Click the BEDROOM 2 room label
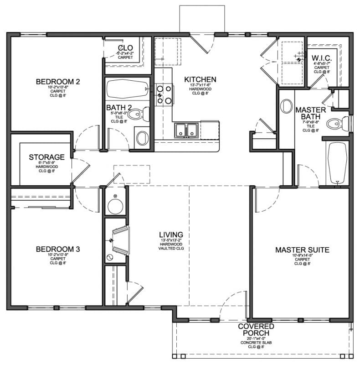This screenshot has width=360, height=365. [58, 82]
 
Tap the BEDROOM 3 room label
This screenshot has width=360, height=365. [58, 249]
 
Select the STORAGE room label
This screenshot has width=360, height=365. [46, 157]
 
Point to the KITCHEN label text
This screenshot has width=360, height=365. [200, 79]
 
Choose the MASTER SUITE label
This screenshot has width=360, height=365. [302, 250]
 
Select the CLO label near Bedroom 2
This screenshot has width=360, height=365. [125, 48]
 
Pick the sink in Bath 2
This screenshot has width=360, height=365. [142, 137]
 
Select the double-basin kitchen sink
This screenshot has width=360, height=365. [187, 130]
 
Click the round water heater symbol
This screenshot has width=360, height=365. [114, 206]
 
